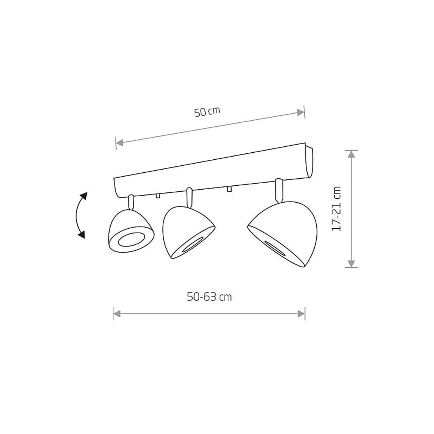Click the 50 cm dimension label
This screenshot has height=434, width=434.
tap(207, 112)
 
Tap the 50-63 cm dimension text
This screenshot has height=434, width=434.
tap(209, 297)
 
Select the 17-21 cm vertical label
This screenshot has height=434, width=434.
tap(336, 209)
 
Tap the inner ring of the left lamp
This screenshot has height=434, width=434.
tap(130, 240)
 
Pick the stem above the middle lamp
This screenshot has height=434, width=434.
tap(190, 197)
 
